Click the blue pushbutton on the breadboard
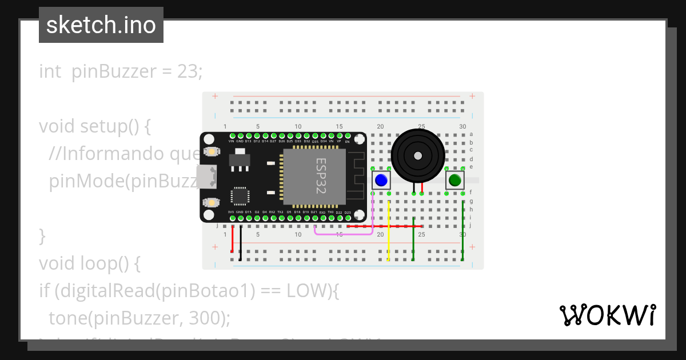[x=381, y=181]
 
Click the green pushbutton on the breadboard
[x=455, y=181]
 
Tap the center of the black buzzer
[x=418, y=155]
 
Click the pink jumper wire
[x=343, y=233]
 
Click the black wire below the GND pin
[x=240, y=243]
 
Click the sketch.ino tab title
[x=101, y=25]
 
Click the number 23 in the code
[x=188, y=71]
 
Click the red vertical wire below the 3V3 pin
[x=232, y=240]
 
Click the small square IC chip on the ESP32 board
[x=240, y=197]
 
